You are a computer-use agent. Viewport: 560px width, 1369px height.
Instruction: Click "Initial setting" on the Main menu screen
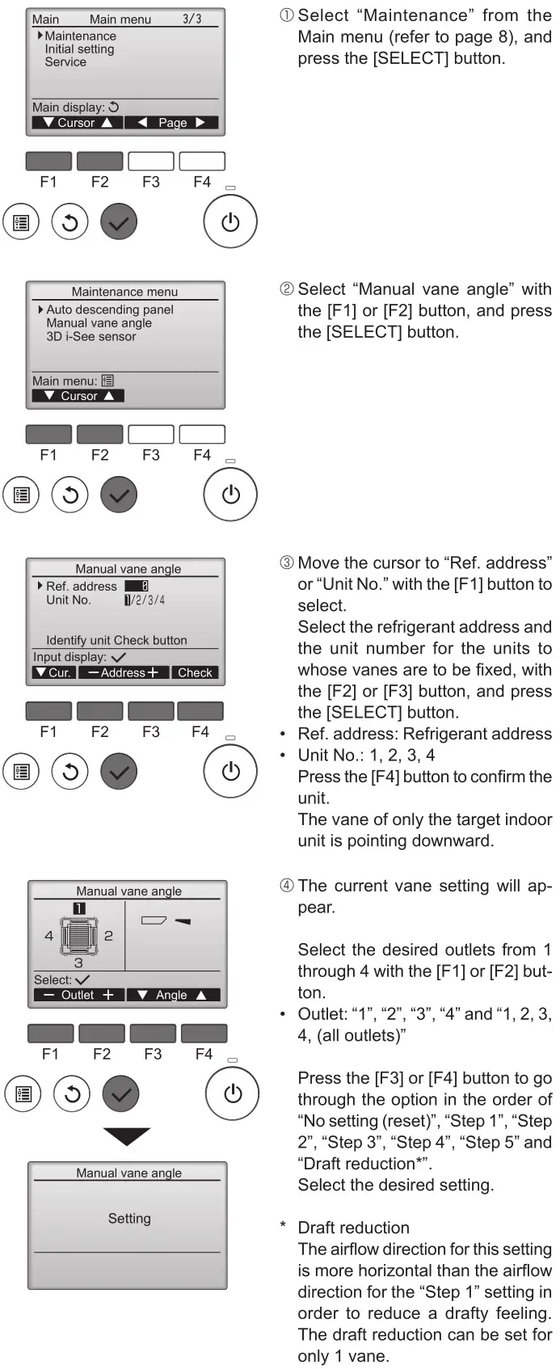79,49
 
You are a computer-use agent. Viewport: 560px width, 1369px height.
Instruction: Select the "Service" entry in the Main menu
65,62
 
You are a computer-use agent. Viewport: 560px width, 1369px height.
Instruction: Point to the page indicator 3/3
192,19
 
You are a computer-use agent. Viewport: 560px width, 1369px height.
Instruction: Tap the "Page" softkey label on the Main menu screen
172,123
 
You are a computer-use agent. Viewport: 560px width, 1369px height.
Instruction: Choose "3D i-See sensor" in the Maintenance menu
91,336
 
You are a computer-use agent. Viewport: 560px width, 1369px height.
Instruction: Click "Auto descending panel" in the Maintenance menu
109,310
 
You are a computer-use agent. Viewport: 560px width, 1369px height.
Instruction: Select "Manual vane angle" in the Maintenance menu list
99,323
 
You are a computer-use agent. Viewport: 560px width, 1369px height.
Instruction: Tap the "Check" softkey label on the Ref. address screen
195,672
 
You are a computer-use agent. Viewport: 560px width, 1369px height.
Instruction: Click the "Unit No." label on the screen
69,600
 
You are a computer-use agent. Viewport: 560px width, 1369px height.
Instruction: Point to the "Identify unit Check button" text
116,640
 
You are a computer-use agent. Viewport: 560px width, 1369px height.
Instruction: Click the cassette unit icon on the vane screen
79,935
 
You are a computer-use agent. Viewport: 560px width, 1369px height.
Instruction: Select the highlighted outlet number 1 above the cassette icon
78,908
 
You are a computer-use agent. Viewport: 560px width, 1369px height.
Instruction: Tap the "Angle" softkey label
171,995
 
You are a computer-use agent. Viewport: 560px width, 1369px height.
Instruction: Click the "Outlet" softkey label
78,995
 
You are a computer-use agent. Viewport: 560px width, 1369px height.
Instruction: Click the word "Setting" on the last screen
129,1218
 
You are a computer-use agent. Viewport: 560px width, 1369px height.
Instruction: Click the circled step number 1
287,16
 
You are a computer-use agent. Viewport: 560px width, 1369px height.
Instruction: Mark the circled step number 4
287,887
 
